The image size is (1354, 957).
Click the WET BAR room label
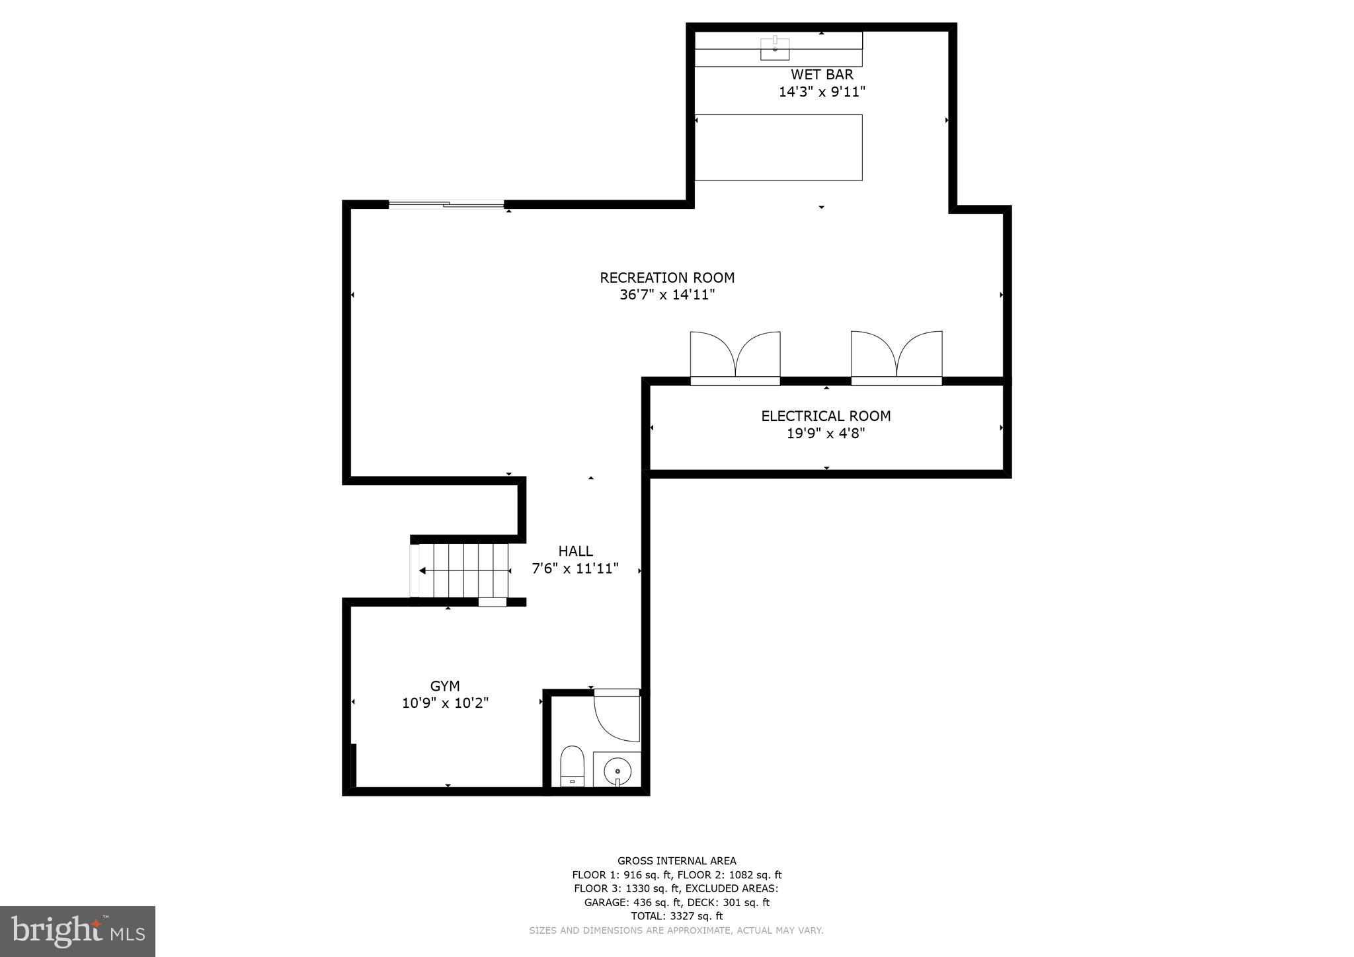[822, 75]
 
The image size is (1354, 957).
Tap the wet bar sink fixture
[775, 48]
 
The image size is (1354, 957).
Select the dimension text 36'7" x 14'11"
[667, 295]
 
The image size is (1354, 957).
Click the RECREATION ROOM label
[667, 278]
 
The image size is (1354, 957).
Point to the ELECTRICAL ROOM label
[826, 416]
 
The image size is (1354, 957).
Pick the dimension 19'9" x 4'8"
[826, 434]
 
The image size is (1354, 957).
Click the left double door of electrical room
[735, 357]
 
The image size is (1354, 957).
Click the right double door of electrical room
[896, 357]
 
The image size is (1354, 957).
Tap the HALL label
[575, 551]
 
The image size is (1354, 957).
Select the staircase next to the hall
[463, 570]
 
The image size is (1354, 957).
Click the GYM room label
[445, 686]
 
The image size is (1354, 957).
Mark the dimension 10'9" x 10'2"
[445, 703]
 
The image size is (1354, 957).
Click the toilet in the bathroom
[573, 765]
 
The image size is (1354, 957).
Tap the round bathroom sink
[617, 771]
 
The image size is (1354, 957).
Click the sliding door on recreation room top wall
[446, 204]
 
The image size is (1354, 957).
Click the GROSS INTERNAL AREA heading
[676, 861]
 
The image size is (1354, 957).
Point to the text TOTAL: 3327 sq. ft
[676, 916]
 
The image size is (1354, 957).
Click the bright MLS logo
[77, 931]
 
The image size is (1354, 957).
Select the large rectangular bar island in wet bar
[778, 147]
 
